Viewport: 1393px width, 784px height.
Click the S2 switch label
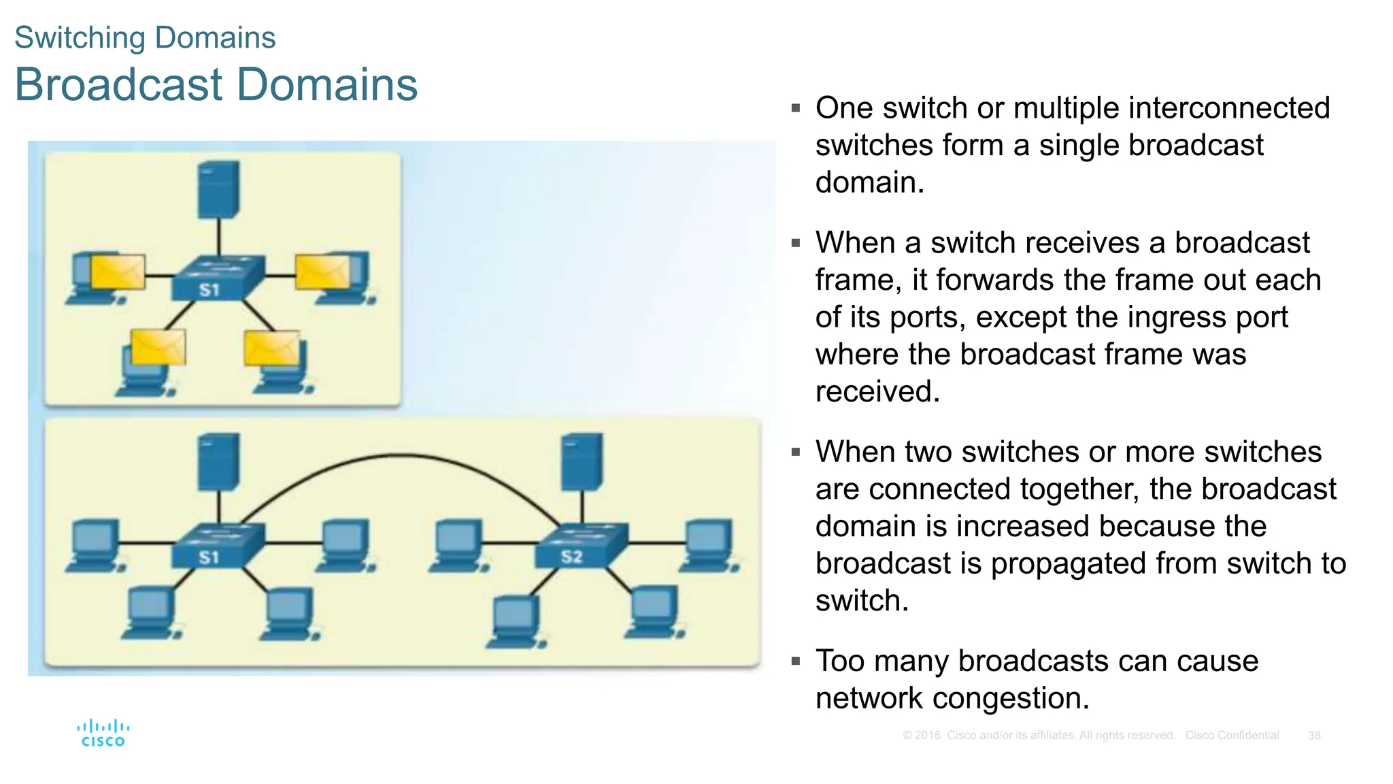point(571,557)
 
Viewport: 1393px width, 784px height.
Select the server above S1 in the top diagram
point(218,189)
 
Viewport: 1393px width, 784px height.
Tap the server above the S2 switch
point(582,461)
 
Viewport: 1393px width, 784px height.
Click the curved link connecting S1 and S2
point(401,455)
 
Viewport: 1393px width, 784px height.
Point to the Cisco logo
point(103,733)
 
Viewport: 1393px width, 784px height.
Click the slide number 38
point(1314,736)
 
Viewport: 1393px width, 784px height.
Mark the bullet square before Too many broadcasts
point(796,661)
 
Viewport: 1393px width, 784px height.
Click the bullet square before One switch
point(796,108)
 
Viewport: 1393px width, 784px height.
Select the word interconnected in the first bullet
point(1229,108)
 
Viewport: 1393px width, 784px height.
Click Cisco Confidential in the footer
point(1232,736)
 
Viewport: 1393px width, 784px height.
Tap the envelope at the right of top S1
point(322,272)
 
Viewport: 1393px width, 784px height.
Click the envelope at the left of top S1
point(118,272)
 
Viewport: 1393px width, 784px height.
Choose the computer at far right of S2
point(709,544)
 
